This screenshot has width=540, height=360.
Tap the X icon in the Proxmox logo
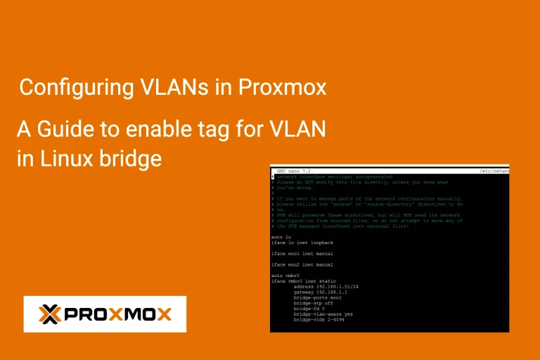[x=49, y=314]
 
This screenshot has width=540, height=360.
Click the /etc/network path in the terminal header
[x=492, y=171]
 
